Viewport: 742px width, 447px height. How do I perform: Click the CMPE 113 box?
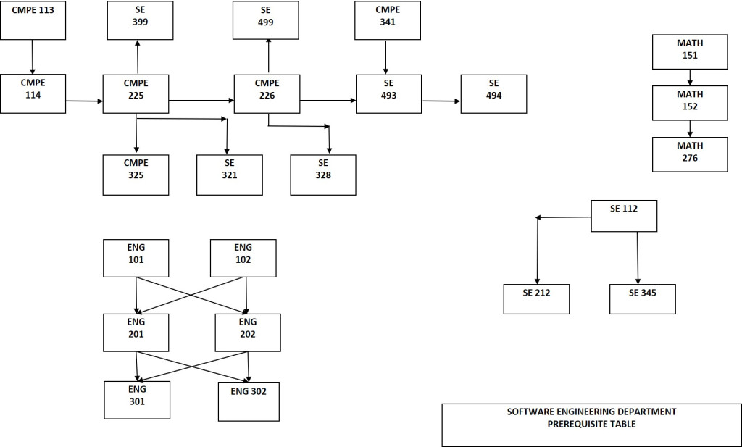pyautogui.click(x=33, y=20)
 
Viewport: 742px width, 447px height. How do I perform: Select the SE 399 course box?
pyautogui.click(x=140, y=20)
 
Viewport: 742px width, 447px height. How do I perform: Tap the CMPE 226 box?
pyautogui.click(x=267, y=93)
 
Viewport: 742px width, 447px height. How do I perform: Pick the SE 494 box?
pyautogui.click(x=493, y=94)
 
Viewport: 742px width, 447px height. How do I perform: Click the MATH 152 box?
pyautogui.click(x=690, y=102)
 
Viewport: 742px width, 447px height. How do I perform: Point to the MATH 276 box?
pyautogui.click(x=690, y=154)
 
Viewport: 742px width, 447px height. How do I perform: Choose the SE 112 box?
pyautogui.click(x=624, y=216)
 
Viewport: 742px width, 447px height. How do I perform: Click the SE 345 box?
pyautogui.click(x=642, y=298)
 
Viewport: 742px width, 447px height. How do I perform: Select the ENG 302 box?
pyautogui.click(x=249, y=401)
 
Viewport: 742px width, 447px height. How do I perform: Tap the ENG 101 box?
pyautogui.click(x=136, y=258)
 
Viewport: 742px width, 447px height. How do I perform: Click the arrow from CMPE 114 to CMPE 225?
pyautogui.click(x=84, y=101)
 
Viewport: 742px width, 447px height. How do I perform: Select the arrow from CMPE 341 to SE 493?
pyautogui.click(x=385, y=57)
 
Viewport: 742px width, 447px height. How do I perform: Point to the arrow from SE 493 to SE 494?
pyautogui.click(x=441, y=101)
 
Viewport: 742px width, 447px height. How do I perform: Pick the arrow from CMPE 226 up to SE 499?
pyautogui.click(x=268, y=56)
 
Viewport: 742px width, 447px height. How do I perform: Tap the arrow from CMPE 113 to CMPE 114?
pyautogui.click(x=33, y=57)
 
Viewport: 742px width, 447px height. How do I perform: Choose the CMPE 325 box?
pyautogui.click(x=136, y=175)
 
